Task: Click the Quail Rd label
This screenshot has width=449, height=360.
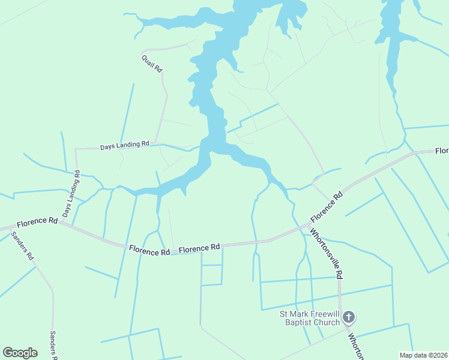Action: (152, 64)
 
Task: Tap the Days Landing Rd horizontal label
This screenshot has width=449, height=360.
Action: (124, 145)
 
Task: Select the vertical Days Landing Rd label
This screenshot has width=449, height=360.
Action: (71, 193)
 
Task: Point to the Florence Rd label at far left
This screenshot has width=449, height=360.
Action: (37, 223)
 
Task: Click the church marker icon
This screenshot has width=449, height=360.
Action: (349, 317)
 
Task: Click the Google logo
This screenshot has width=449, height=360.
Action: (20, 353)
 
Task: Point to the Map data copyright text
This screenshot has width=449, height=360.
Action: (423, 355)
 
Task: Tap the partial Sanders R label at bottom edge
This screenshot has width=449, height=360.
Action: (53, 345)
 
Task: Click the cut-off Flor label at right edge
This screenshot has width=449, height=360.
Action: (442, 150)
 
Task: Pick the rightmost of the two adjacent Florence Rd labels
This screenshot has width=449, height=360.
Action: (199, 247)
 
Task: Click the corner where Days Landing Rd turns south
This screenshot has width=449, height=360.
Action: (75, 149)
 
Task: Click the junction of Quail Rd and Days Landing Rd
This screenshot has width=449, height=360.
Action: (158, 143)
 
